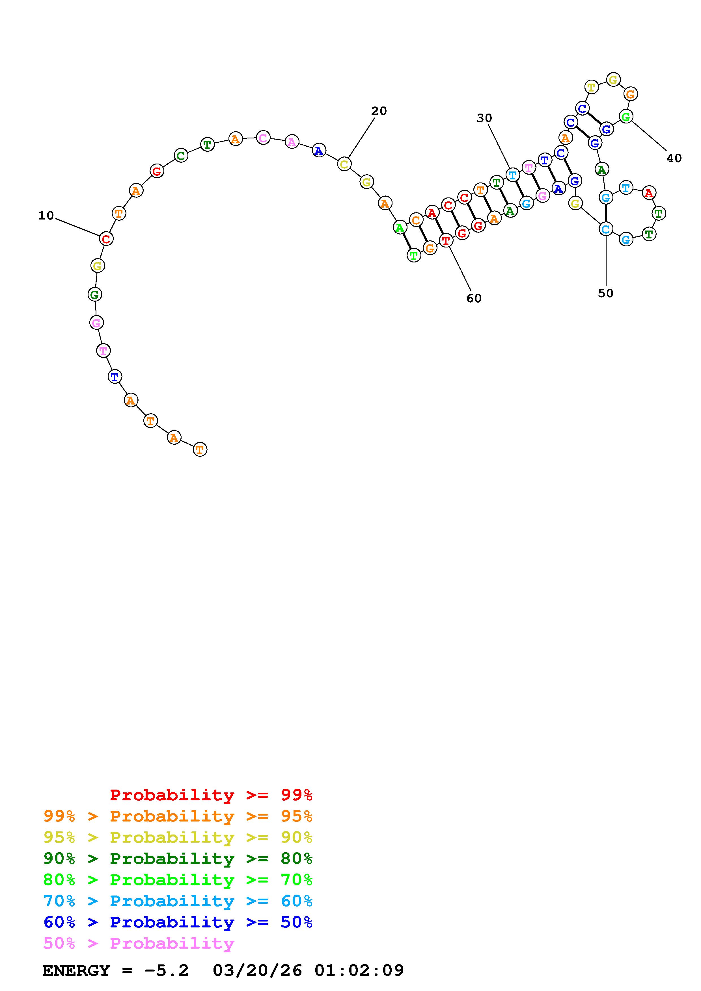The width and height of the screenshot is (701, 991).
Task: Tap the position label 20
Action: click(x=379, y=111)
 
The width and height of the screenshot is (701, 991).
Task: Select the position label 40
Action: click(x=674, y=158)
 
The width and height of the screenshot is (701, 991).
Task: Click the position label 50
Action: click(x=605, y=293)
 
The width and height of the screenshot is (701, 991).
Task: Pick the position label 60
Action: click(x=474, y=298)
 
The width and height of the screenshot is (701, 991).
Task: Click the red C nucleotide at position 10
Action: click(x=106, y=238)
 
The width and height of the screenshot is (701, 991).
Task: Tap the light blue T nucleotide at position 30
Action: click(x=512, y=175)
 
